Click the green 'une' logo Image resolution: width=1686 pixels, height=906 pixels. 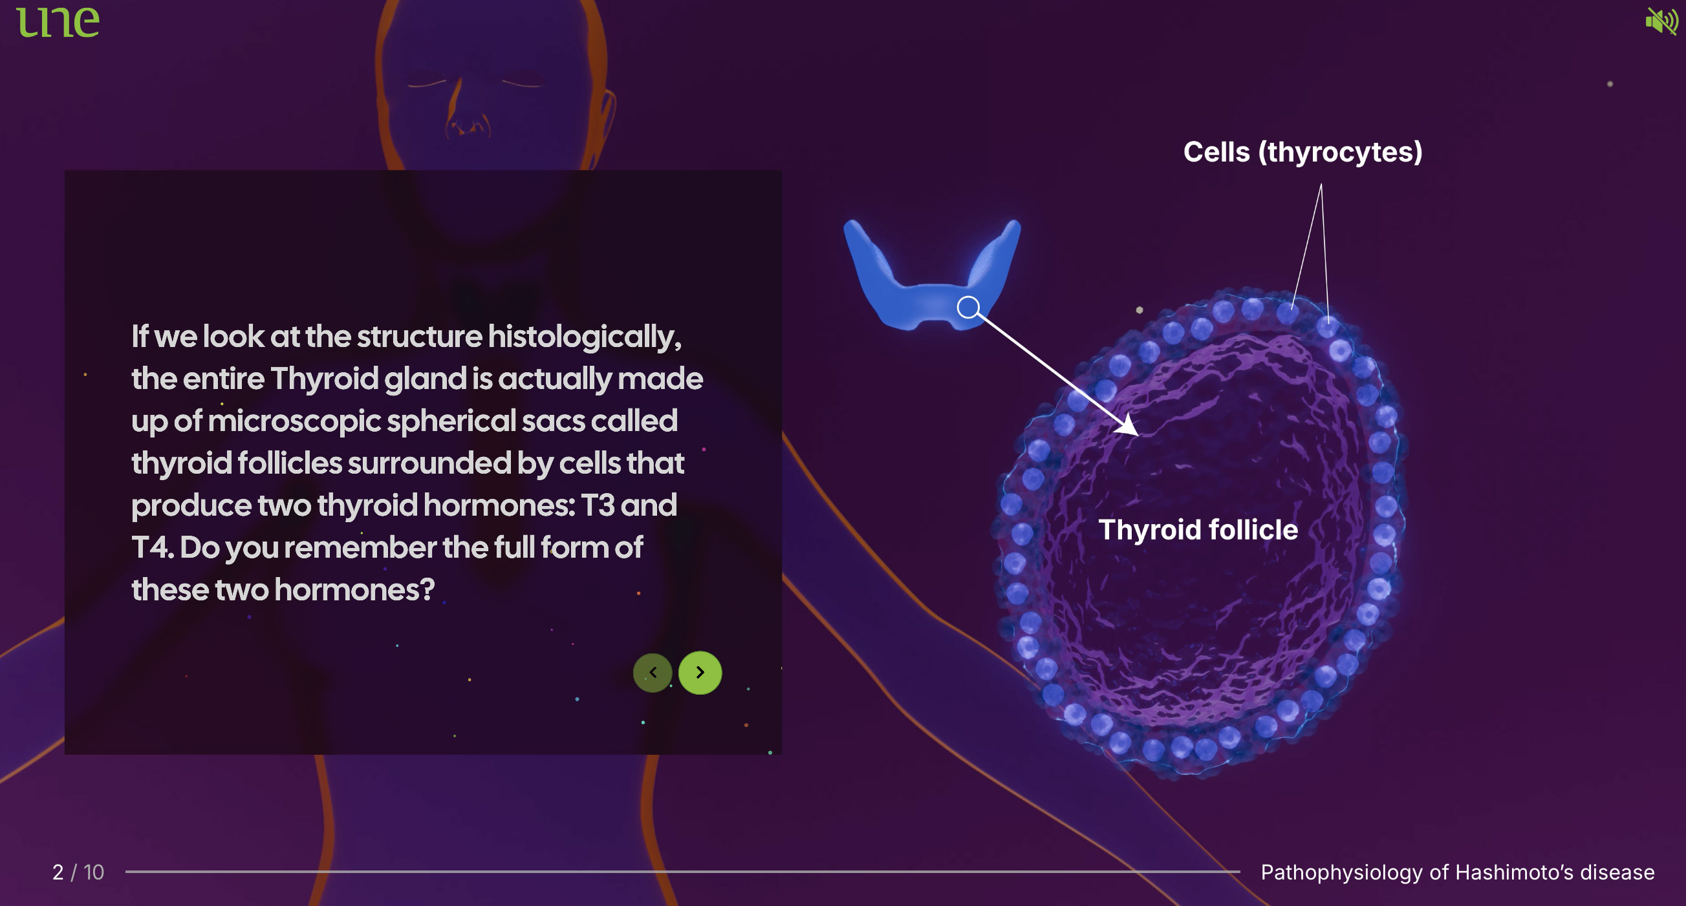click(x=58, y=22)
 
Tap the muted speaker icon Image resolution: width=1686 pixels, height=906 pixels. click(x=1661, y=21)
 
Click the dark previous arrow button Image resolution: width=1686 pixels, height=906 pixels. click(x=653, y=673)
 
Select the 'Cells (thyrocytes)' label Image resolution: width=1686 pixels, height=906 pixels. click(x=1302, y=152)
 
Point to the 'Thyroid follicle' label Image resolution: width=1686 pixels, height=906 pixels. click(x=1198, y=529)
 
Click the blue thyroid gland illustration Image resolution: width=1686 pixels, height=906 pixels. click(x=932, y=275)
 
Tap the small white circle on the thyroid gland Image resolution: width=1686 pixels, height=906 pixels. click(x=968, y=307)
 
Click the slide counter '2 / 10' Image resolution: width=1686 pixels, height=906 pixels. click(x=78, y=872)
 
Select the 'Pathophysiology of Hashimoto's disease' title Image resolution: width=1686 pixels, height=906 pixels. click(x=1458, y=872)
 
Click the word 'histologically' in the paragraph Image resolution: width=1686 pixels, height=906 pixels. click(x=585, y=337)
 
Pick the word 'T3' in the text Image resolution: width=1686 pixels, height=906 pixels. click(x=598, y=505)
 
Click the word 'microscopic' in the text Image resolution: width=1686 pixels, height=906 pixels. click(x=294, y=421)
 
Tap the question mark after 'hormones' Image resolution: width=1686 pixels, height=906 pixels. click(x=427, y=590)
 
